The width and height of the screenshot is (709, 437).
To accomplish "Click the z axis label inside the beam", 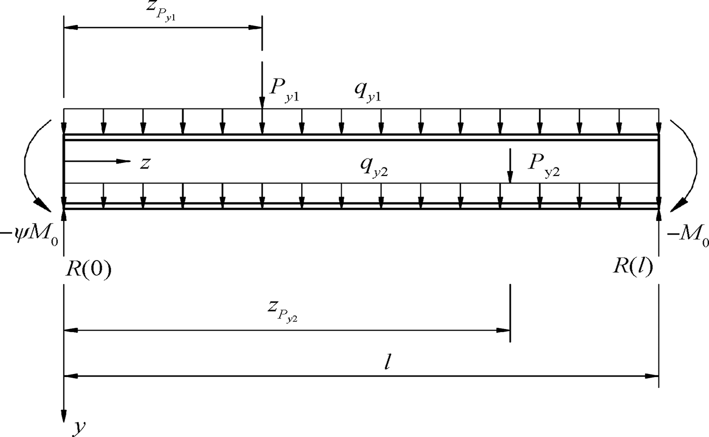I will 145,162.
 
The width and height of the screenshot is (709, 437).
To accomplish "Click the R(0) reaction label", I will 88,269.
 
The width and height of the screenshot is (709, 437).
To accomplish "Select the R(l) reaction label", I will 633,267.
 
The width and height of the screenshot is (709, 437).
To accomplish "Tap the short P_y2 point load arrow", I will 509,165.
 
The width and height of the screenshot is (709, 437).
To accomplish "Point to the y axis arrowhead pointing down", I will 64,415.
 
